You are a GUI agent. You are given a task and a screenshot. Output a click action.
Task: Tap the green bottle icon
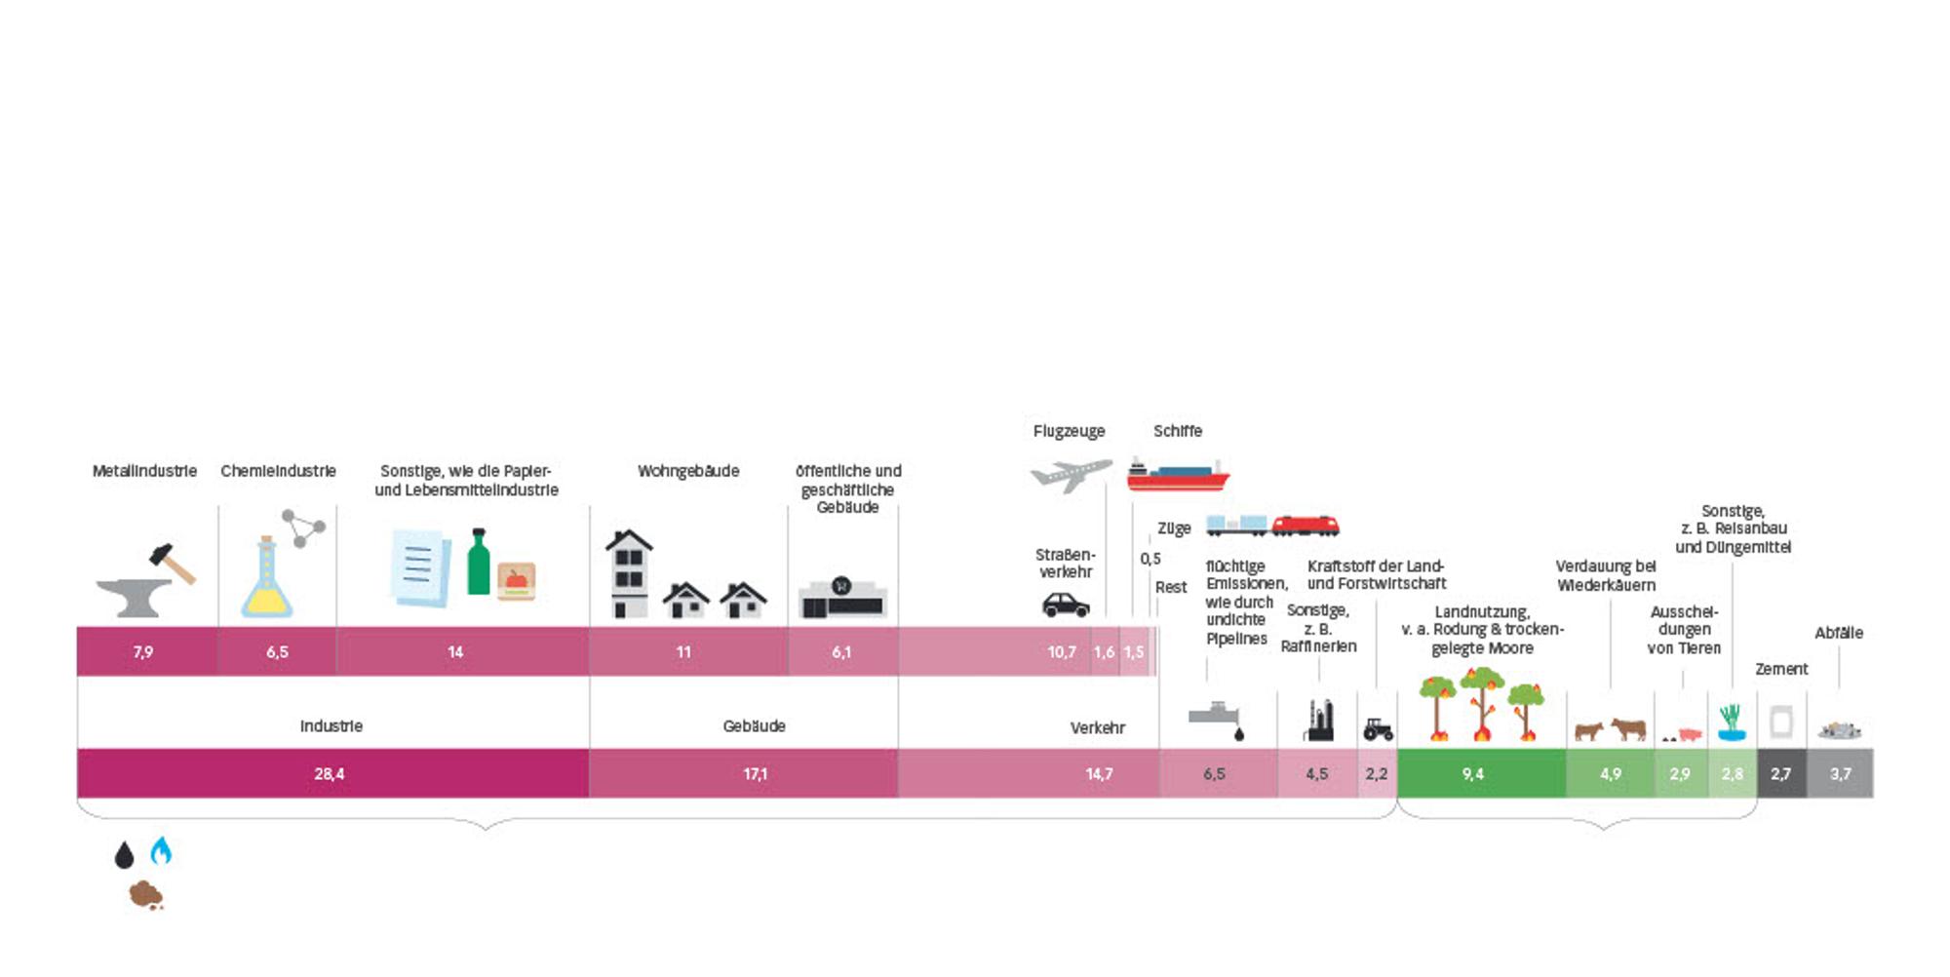pyautogui.click(x=478, y=562)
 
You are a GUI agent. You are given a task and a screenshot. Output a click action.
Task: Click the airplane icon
pyautogui.click(x=1072, y=475)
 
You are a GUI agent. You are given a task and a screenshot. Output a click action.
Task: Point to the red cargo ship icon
pyautogui.click(x=1178, y=474)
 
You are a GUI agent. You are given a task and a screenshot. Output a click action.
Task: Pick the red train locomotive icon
pyautogui.click(x=1306, y=526)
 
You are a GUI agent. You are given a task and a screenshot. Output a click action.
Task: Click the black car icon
pyautogui.click(x=1066, y=605)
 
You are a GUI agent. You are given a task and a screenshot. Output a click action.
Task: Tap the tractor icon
pyautogui.click(x=1378, y=728)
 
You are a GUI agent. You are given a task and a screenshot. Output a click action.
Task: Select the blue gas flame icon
pyautogui.click(x=161, y=850)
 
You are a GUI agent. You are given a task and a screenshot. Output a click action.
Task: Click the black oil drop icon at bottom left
pyautogui.click(x=124, y=855)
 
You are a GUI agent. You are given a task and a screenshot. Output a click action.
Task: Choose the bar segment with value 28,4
pyautogui.click(x=332, y=773)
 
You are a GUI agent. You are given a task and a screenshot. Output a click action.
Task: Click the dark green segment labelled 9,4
pyautogui.click(x=1482, y=773)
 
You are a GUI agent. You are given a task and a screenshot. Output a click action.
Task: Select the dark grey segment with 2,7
pyautogui.click(x=1781, y=773)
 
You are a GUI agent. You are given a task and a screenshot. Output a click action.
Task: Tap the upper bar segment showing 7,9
pyautogui.click(x=147, y=651)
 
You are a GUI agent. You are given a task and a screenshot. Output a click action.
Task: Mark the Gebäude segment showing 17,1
pyautogui.click(x=743, y=773)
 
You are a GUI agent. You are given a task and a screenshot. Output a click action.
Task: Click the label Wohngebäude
pyautogui.click(x=688, y=471)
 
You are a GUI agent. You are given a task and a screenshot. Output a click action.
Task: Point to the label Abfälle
pyautogui.click(x=1839, y=633)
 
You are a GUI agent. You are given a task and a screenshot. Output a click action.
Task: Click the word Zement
pyautogui.click(x=1781, y=669)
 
